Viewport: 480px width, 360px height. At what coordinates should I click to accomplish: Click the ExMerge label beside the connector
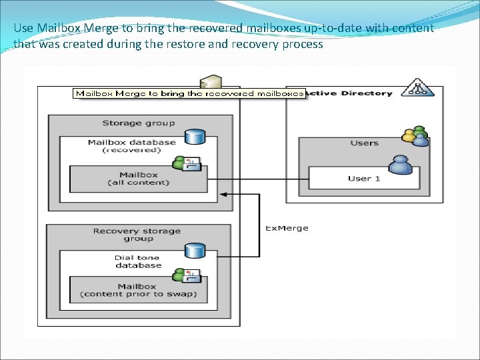coord(287,228)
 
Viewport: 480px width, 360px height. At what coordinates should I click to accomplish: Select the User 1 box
coord(364,178)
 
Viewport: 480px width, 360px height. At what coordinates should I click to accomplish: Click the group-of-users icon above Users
coord(415,135)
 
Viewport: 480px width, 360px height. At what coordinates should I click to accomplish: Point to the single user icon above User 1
coord(400,164)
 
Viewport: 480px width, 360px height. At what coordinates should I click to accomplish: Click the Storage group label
coord(139,123)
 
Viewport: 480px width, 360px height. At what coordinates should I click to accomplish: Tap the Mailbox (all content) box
coord(139,179)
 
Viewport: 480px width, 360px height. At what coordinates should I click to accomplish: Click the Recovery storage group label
coord(137,235)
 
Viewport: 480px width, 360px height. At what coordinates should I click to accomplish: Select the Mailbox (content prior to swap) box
coord(139,290)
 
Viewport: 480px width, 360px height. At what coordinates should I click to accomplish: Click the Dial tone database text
coord(138,261)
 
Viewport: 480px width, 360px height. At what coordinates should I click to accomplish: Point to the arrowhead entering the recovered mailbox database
coord(223,194)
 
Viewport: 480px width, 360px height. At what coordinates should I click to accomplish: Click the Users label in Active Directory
coord(364,143)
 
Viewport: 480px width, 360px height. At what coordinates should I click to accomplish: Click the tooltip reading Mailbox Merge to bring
coord(189,93)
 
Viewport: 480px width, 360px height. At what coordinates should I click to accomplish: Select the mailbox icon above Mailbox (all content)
coord(182,163)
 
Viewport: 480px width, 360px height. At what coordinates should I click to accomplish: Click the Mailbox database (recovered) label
coord(132,145)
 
